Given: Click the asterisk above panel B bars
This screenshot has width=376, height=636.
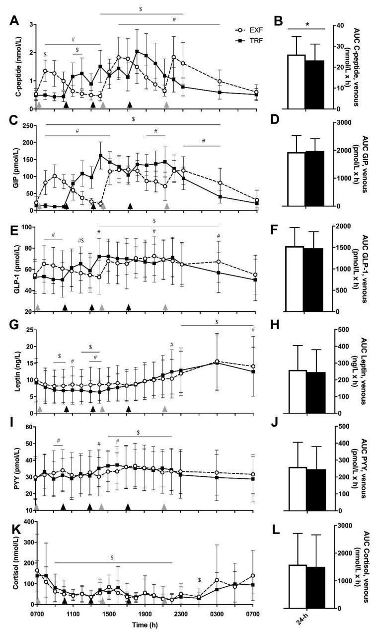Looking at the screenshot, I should click(x=307, y=23).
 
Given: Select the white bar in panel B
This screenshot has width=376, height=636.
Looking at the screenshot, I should click(x=297, y=82).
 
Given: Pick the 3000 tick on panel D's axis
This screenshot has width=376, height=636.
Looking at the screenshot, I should click(x=340, y=122).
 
